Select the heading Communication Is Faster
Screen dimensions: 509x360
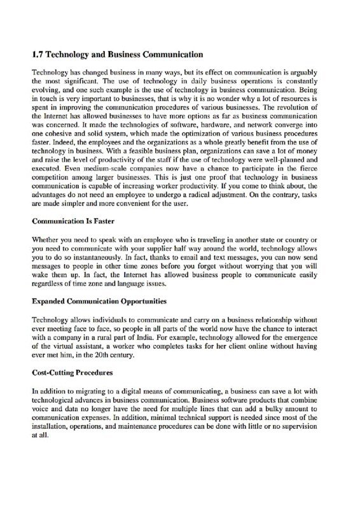pos(71,223)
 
